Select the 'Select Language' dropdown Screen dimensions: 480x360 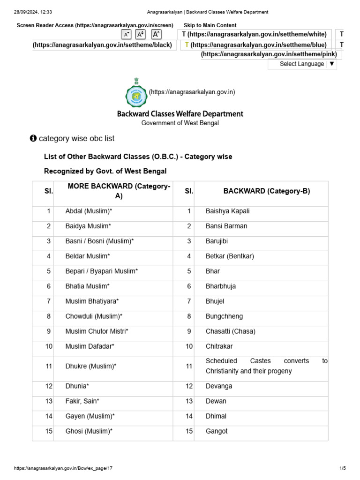point(302,64)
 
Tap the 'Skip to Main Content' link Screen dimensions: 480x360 point(210,25)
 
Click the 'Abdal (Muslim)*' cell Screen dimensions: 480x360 point(89,211)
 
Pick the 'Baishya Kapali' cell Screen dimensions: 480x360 point(228,211)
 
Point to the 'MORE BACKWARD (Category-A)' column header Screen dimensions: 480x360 point(119,191)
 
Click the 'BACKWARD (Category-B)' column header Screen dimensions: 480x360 point(266,191)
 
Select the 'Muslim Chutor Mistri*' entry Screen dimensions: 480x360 point(97,331)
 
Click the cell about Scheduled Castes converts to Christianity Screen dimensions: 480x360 point(266,366)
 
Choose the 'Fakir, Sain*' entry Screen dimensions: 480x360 point(82,401)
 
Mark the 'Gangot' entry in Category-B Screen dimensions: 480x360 point(217,431)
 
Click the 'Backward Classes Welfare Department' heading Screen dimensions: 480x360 point(180,114)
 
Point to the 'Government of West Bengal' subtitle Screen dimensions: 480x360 point(180,123)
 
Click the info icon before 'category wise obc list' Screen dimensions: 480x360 point(33,139)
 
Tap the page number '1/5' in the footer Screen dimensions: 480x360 point(342,468)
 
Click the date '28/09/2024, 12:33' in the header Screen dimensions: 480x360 point(33,12)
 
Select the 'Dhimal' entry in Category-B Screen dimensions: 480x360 point(216,416)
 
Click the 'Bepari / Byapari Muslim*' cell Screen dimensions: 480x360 point(102,271)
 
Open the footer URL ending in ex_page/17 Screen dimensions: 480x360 point(63,468)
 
